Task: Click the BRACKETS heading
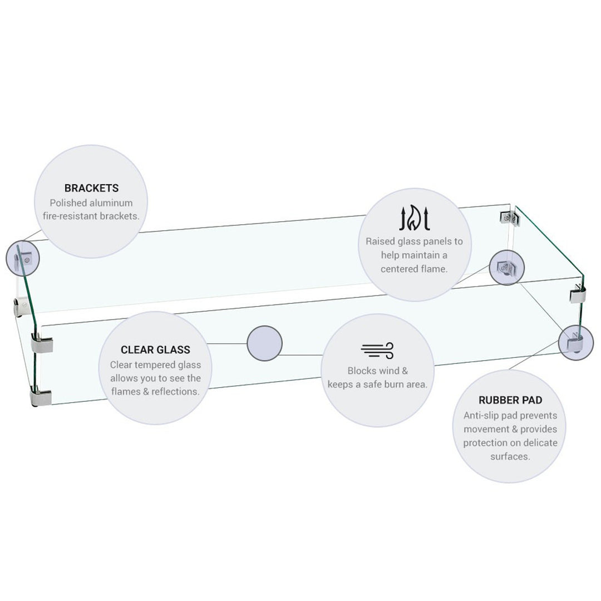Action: click(x=91, y=188)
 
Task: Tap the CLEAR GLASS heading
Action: click(x=155, y=349)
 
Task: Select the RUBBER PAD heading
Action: click(x=510, y=400)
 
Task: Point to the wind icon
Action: click(x=377, y=351)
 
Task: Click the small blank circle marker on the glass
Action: click(x=264, y=343)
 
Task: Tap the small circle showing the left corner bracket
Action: click(x=23, y=258)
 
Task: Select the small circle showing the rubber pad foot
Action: click(x=576, y=342)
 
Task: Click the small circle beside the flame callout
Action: click(x=507, y=268)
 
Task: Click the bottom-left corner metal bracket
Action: click(x=40, y=397)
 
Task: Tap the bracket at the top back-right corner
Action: click(x=509, y=218)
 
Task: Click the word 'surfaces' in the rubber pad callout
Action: click(x=509, y=456)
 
